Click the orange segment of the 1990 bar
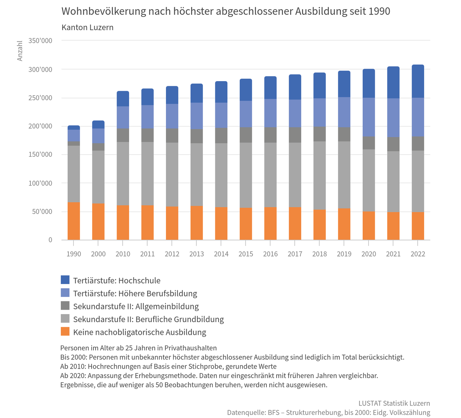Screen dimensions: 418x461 pyautogui.click(x=73, y=221)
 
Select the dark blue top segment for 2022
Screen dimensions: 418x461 pyautogui.click(x=418, y=81)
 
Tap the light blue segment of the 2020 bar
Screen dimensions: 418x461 pyautogui.click(x=369, y=117)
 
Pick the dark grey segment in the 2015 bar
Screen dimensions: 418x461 pyautogui.click(x=246, y=135)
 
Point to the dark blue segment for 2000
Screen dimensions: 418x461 pyautogui.click(x=98, y=125)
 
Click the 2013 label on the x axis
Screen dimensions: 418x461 pyautogui.click(x=197, y=254)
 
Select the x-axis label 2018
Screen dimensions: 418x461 pyautogui.click(x=320, y=254)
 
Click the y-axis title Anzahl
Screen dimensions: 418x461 pyautogui.click(x=20, y=51)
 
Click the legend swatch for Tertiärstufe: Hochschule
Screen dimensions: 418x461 pyautogui.click(x=65, y=280)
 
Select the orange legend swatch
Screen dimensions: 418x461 pyautogui.click(x=65, y=332)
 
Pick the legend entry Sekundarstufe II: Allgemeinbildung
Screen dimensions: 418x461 pyautogui.click(x=136, y=306)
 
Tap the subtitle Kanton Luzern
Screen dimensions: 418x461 pyautogui.click(x=87, y=27)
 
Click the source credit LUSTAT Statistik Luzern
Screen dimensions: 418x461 pyautogui.click(x=394, y=403)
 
